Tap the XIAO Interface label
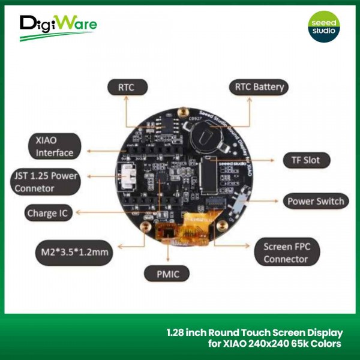tap(55, 146)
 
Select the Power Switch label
tap(315, 201)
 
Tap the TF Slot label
tap(307, 160)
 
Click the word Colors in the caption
tap(326, 344)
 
